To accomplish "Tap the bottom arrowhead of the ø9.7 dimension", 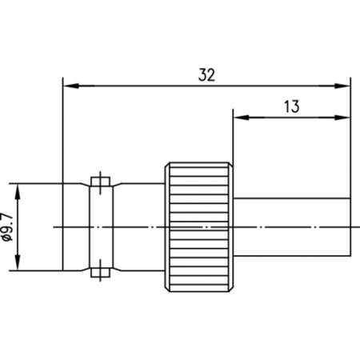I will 17,266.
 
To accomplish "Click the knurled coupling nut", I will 199,228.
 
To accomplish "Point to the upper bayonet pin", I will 98,182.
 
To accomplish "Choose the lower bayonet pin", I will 98,274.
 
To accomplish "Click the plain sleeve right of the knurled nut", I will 292,228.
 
